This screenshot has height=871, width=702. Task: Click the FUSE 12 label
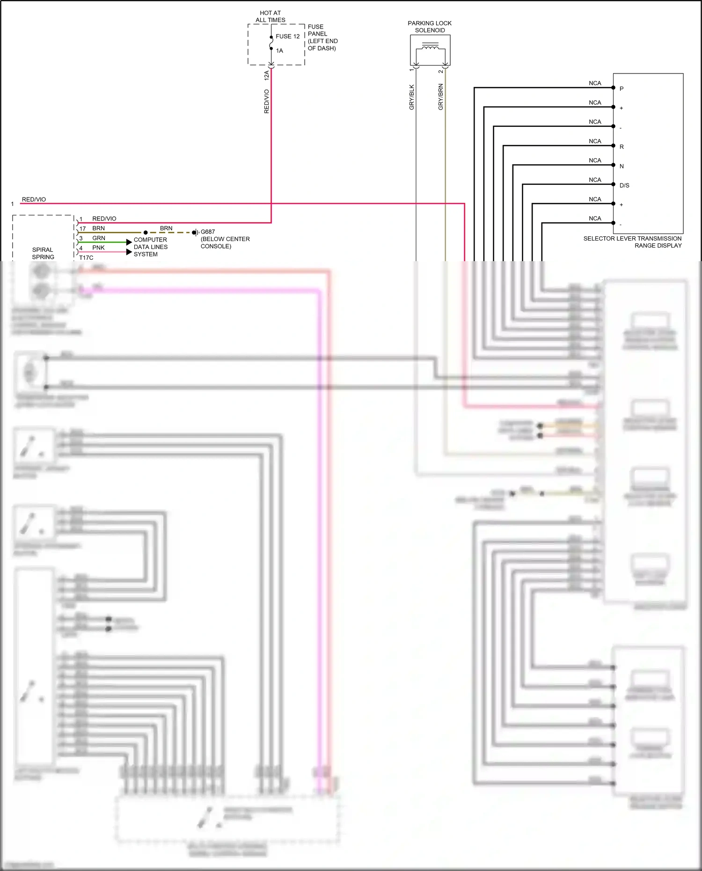pyautogui.click(x=287, y=36)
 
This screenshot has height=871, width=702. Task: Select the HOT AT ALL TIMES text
pyautogui.click(x=270, y=16)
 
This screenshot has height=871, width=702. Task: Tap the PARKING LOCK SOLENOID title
pyautogui.click(x=430, y=27)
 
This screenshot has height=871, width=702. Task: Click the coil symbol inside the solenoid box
pyautogui.click(x=430, y=46)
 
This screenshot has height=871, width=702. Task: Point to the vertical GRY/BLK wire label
pyautogui.click(x=412, y=97)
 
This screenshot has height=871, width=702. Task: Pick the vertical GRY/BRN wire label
pyautogui.click(x=440, y=97)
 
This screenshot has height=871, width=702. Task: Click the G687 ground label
pyautogui.click(x=208, y=232)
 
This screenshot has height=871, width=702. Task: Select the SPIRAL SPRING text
pyautogui.click(x=43, y=253)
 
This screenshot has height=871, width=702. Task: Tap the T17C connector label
pyautogui.click(x=86, y=257)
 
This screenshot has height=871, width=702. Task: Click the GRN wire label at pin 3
pyautogui.click(x=99, y=238)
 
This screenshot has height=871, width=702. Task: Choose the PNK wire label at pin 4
pyautogui.click(x=98, y=248)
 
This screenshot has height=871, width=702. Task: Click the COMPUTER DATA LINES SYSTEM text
pyautogui.click(x=150, y=247)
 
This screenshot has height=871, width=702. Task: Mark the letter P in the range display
pyautogui.click(x=622, y=88)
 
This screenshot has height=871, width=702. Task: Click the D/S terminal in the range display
pyautogui.click(x=624, y=185)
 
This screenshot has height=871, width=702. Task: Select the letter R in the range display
pyautogui.click(x=622, y=146)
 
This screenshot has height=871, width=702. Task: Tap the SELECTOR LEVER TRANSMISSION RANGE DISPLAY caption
pyautogui.click(x=632, y=242)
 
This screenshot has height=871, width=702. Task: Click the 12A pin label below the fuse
pyautogui.click(x=267, y=75)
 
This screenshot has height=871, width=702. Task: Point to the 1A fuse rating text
pyautogui.click(x=279, y=51)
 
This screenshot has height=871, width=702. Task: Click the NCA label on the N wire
pyautogui.click(x=595, y=160)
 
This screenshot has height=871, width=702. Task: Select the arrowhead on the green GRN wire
pyautogui.click(x=129, y=242)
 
